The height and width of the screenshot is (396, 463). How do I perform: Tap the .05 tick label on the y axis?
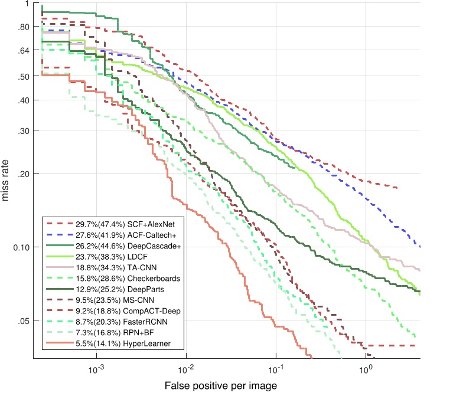(x=24, y=322)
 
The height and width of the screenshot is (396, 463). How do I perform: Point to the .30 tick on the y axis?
(x=24, y=130)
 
